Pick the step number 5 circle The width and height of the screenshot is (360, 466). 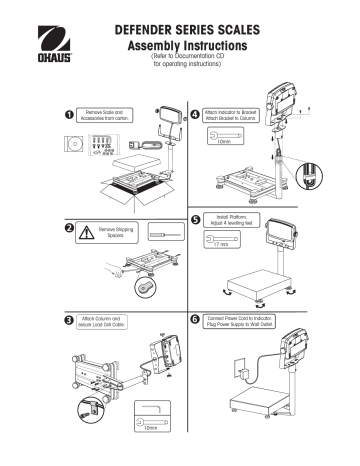pyautogui.click(x=194, y=217)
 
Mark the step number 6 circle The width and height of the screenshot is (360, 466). pyautogui.click(x=194, y=319)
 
